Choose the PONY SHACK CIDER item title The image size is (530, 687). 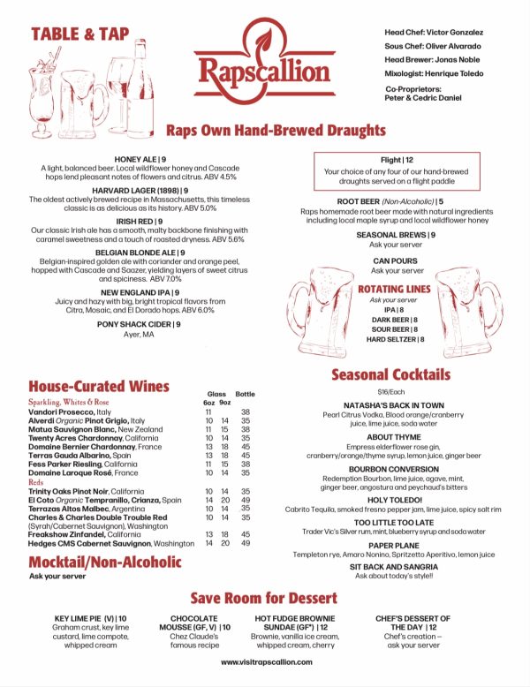pos(140,324)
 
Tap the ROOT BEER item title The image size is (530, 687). pos(383,202)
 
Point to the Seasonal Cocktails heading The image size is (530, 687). pos(390,374)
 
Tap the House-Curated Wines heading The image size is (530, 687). pos(98,386)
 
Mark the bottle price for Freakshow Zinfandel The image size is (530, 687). pos(246,534)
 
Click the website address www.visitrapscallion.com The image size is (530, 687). pos(264,661)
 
